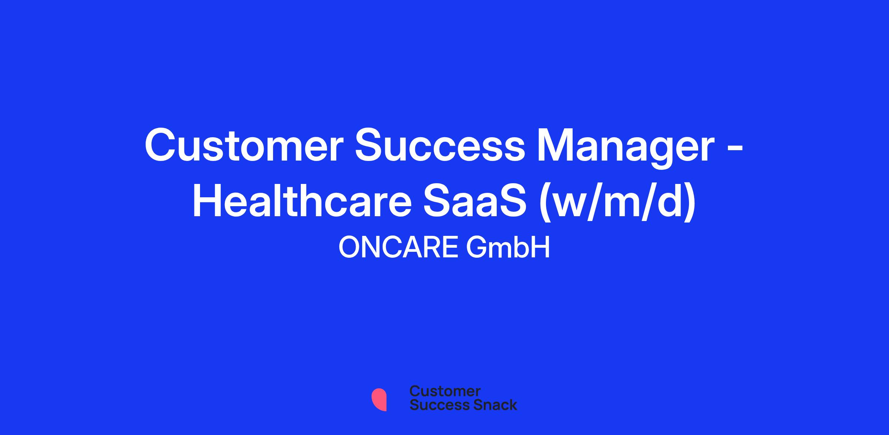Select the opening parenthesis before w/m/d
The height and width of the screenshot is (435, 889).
(x=546, y=204)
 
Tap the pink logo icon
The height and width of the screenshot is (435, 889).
(x=379, y=399)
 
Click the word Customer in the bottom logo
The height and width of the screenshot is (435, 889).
(x=445, y=391)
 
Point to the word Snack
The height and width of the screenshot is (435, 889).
(x=490, y=405)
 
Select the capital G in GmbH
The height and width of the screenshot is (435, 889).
(x=477, y=248)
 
